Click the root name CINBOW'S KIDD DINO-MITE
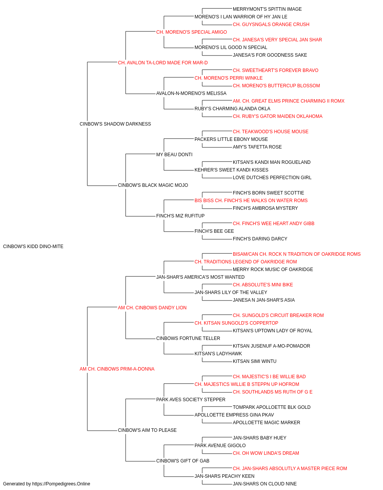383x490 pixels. (33, 247)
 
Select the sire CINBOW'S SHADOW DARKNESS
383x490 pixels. (115, 124)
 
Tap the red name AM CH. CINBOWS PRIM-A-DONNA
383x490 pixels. (117, 369)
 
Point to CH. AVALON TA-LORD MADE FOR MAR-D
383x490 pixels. (163, 63)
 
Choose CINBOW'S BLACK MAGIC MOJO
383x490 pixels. (153, 185)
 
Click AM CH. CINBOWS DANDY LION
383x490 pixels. (152, 308)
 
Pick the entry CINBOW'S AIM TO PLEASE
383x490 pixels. (147, 430)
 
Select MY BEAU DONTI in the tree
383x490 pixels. (174, 155)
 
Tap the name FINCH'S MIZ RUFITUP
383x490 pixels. (180, 216)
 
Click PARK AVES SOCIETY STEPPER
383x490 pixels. (191, 400)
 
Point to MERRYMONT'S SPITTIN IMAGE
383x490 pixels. (267, 9)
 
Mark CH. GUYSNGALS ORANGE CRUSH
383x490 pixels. (271, 24)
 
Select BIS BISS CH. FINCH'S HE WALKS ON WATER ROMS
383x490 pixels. (251, 201)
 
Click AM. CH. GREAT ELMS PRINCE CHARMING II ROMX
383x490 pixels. (289, 101)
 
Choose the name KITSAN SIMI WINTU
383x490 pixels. (255, 361)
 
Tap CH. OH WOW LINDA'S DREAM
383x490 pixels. (266, 453)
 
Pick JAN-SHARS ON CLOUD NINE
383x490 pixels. (265, 484)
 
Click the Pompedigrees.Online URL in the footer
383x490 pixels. (61, 484)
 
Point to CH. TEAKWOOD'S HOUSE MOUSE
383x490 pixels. (271, 132)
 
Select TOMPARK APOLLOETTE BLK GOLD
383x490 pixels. (272, 407)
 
